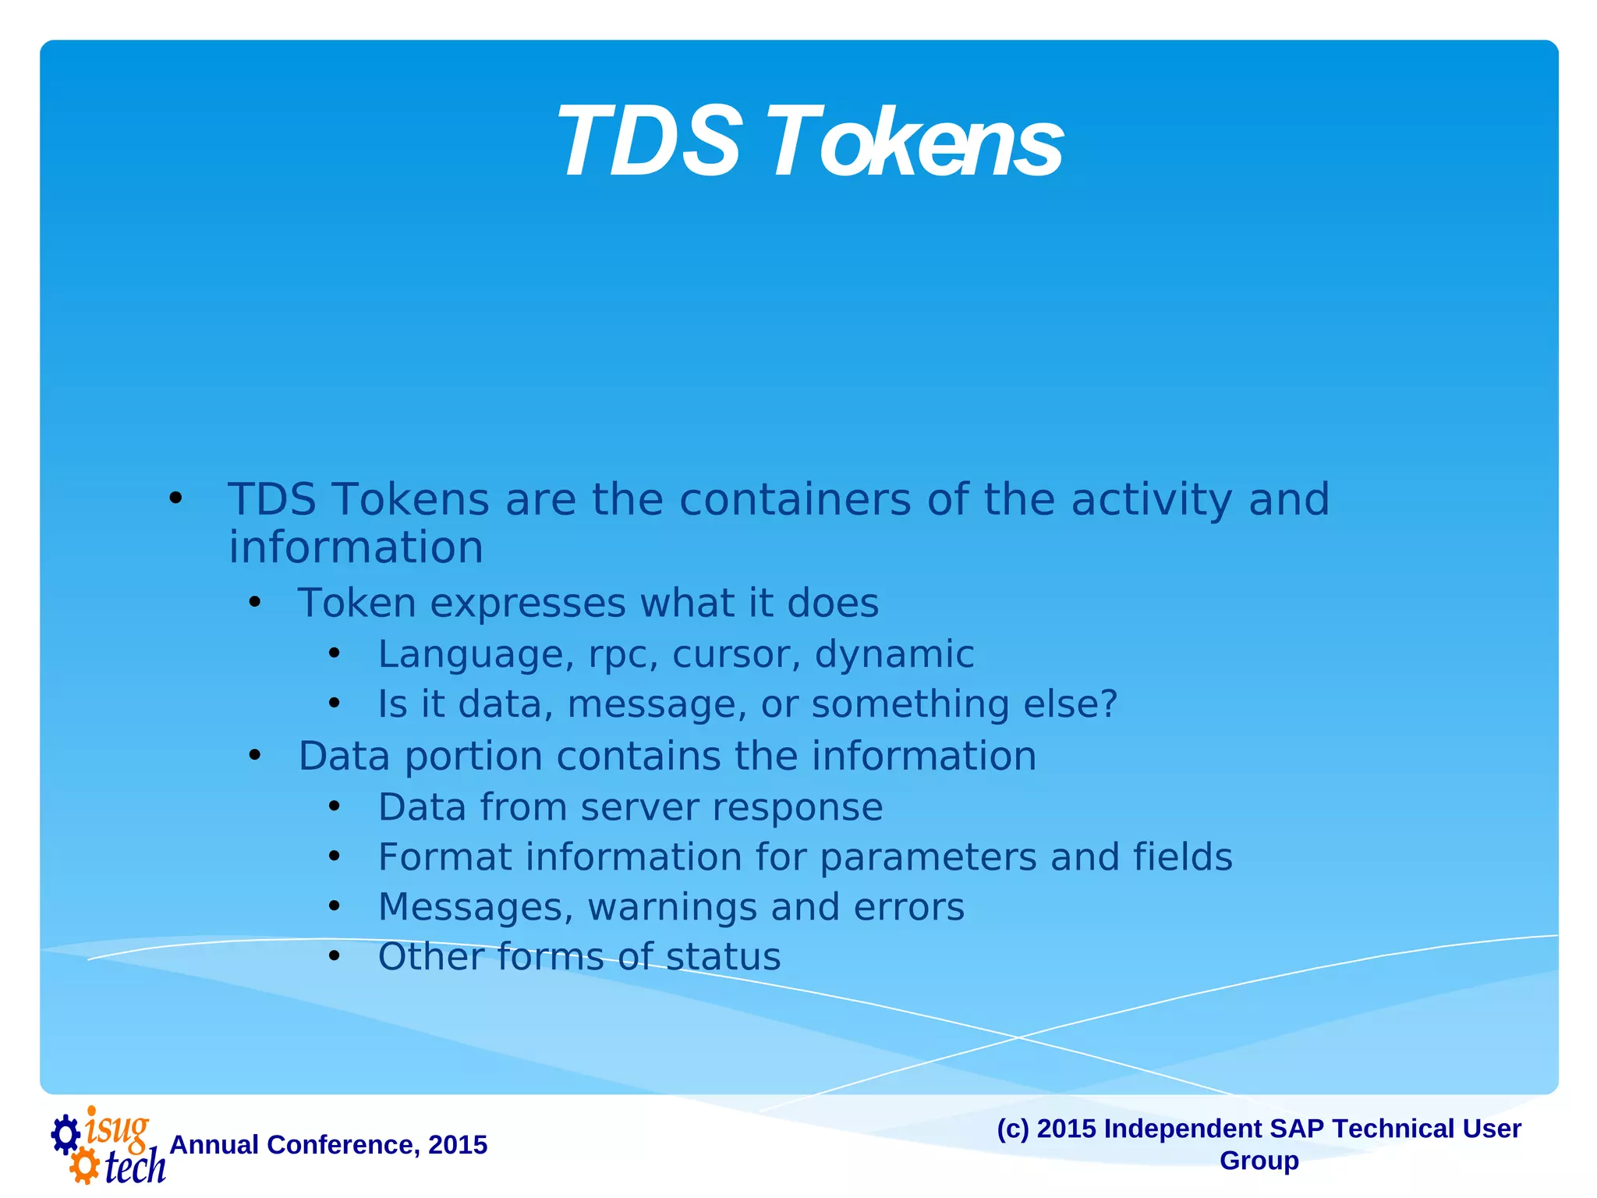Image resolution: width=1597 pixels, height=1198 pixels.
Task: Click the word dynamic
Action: click(x=894, y=654)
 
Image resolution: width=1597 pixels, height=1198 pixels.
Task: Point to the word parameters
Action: click(x=928, y=856)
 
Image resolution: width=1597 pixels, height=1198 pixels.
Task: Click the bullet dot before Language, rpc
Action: click(x=335, y=654)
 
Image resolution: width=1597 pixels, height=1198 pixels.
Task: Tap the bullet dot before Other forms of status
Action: click(x=335, y=956)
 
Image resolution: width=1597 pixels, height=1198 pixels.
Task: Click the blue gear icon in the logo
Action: click(x=66, y=1134)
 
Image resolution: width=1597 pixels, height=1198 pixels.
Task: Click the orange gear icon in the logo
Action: click(x=83, y=1167)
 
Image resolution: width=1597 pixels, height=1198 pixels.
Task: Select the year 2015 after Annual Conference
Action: click(x=458, y=1144)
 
